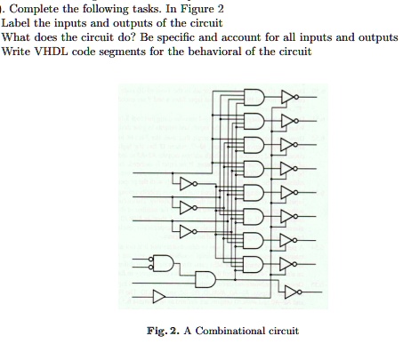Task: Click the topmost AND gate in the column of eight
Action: click(254, 97)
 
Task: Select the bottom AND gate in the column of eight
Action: click(254, 264)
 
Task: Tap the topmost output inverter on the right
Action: click(289, 97)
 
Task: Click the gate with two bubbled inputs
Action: click(161, 263)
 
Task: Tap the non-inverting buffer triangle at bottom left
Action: click(159, 297)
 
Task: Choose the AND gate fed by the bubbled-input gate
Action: click(205, 279)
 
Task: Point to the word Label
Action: click(16, 23)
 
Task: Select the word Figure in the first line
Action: click(197, 9)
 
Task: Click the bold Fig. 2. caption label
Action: click(163, 331)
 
